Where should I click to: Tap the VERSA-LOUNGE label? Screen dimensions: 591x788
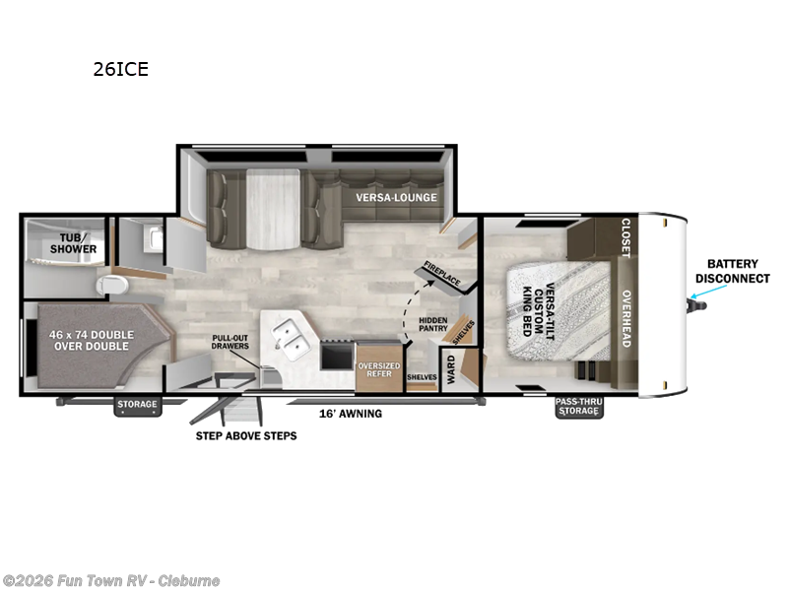(395, 197)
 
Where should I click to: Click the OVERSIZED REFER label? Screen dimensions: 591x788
(380, 368)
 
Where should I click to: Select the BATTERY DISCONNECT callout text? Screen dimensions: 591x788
(733, 271)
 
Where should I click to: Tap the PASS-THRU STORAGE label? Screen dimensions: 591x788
(578, 405)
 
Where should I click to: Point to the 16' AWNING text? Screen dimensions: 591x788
(350, 414)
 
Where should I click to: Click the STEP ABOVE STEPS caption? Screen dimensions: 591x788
(246, 435)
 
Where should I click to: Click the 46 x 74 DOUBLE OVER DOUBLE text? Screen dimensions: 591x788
(91, 341)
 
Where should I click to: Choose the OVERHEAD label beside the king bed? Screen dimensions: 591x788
(625, 318)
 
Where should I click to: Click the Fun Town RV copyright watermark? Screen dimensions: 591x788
(110, 581)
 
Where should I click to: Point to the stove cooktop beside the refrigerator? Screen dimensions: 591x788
(336, 352)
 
